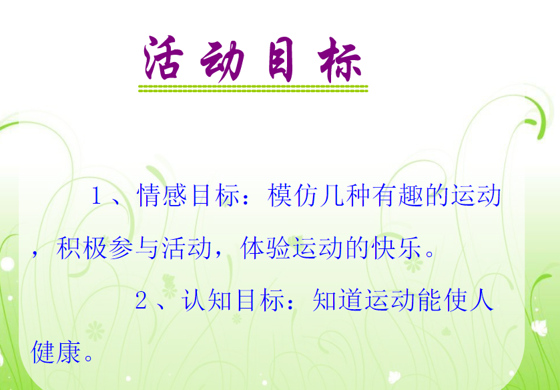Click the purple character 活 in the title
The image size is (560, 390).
[164, 58]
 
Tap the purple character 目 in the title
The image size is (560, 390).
[281, 59]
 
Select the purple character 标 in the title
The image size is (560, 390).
[339, 61]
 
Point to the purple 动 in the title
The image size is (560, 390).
[222, 61]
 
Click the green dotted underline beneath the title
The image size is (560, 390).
[253, 89]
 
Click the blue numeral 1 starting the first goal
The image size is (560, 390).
[95, 196]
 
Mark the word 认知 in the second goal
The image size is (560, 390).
[207, 301]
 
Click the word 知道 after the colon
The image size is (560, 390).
[337, 301]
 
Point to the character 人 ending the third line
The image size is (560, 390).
[482, 301]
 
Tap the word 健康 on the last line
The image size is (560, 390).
[56, 353]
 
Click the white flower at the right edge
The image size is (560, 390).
[539, 328]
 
